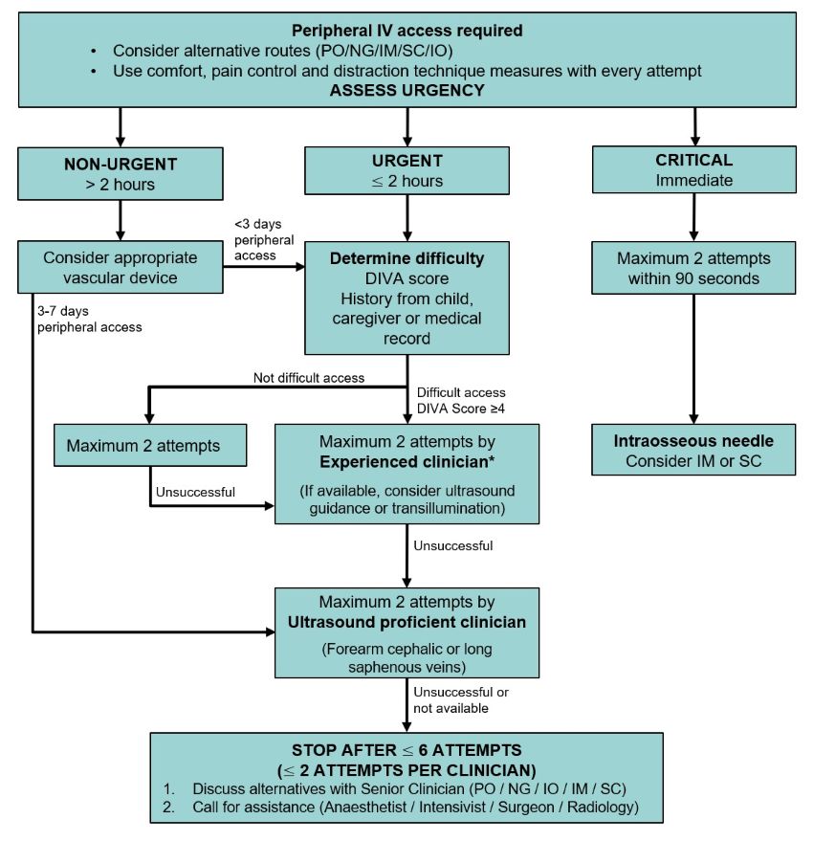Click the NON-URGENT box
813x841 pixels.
click(x=120, y=169)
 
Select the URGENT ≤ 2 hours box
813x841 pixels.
click(x=408, y=169)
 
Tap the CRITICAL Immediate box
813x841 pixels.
click(x=693, y=169)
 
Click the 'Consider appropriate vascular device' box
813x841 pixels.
click(x=120, y=268)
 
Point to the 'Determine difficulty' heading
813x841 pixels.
click(x=406, y=258)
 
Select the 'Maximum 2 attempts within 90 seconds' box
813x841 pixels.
click(x=693, y=268)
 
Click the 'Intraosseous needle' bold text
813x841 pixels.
click(x=693, y=442)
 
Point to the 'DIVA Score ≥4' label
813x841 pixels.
click(x=460, y=409)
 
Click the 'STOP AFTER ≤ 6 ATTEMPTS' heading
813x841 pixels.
click(x=406, y=751)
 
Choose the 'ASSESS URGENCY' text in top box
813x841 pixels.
click(x=406, y=91)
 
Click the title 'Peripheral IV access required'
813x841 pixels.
click(x=406, y=31)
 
